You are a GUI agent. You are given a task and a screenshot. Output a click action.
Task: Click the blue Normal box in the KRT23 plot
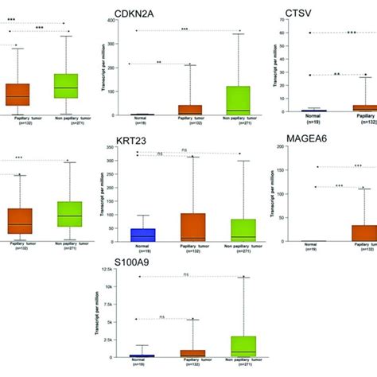point(142,235)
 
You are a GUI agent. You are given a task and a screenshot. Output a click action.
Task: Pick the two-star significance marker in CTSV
point(337,74)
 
